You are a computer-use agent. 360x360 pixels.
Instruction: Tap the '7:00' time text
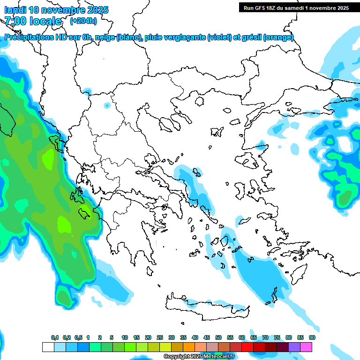(15, 21)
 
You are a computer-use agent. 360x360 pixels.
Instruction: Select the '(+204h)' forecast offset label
(83, 21)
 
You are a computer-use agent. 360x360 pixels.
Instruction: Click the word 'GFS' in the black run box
(261, 8)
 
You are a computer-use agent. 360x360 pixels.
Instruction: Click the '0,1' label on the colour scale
(55, 338)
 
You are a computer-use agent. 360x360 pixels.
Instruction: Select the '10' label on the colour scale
(125, 338)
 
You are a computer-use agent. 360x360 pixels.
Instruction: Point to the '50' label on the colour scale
(218, 338)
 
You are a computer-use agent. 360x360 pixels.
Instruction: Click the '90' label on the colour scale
(312, 338)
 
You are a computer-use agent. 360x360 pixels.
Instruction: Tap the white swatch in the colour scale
(48, 347)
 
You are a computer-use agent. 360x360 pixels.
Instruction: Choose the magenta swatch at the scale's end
(306, 347)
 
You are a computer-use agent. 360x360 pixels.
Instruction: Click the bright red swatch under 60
(247, 347)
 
